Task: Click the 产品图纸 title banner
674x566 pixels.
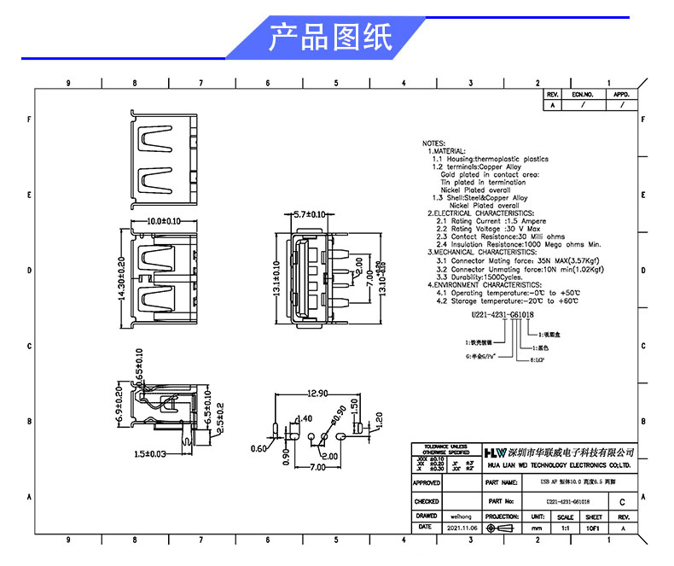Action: (x=330, y=38)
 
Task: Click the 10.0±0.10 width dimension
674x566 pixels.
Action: (x=164, y=221)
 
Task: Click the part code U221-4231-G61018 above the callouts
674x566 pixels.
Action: (x=503, y=314)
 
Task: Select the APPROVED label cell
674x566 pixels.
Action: (x=427, y=483)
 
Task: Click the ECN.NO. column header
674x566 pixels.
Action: (x=582, y=94)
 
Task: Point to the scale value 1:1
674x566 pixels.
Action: (x=565, y=528)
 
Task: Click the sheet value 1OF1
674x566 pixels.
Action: (x=594, y=528)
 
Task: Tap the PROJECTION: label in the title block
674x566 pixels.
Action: (x=502, y=516)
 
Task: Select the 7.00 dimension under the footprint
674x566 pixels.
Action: (x=317, y=469)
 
